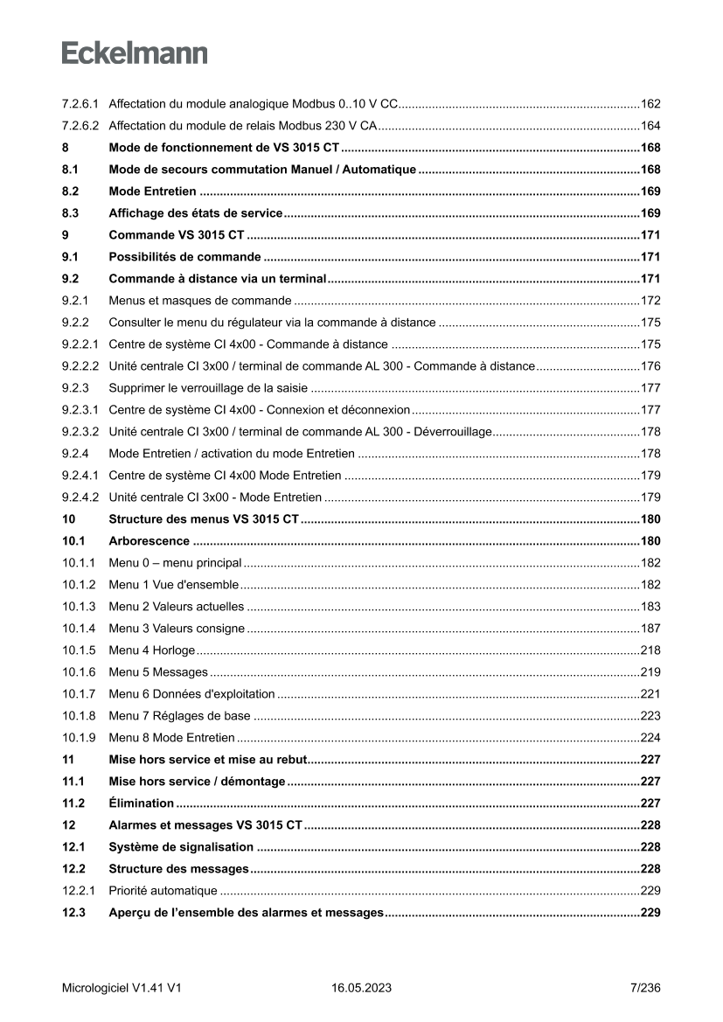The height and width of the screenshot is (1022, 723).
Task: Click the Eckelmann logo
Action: (x=135, y=52)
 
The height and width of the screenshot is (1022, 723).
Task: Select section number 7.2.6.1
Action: (x=80, y=104)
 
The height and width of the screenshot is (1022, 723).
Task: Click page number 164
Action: (x=650, y=126)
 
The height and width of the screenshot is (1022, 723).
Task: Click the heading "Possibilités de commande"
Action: (x=184, y=257)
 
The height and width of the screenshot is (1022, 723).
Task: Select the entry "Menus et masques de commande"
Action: (x=200, y=301)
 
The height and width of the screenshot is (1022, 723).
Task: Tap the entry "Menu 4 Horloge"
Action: (x=152, y=650)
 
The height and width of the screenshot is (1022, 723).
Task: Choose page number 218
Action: (x=650, y=650)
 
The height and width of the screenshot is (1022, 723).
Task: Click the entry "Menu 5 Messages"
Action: (x=158, y=672)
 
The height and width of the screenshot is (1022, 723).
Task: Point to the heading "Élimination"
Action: (x=141, y=803)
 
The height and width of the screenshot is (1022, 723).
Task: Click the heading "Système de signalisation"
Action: (x=181, y=847)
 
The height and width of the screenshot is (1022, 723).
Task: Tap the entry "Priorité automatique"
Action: (x=163, y=891)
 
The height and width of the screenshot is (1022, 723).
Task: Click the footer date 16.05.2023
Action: (x=361, y=988)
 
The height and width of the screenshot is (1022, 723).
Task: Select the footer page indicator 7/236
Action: (x=645, y=988)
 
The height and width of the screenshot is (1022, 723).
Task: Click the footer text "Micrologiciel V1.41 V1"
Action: (x=122, y=988)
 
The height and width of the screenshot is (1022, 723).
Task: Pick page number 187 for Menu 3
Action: (x=650, y=629)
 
